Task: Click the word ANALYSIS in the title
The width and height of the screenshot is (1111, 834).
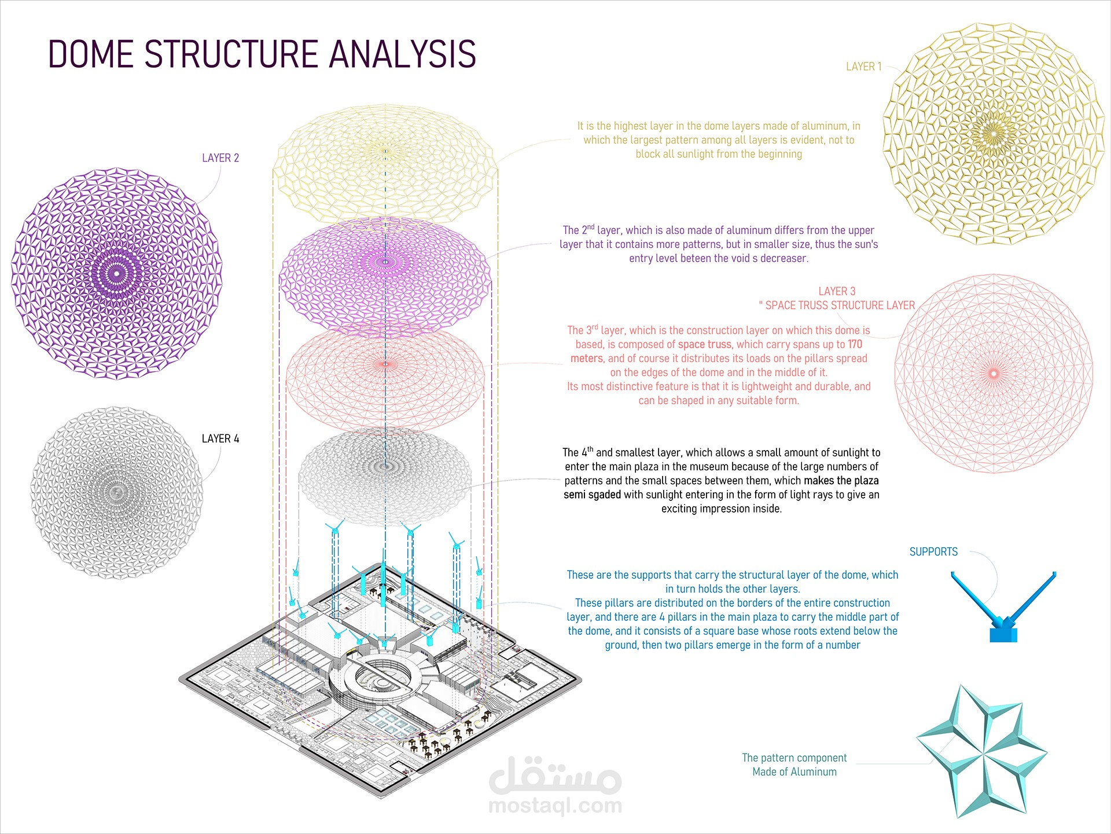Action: coord(403,54)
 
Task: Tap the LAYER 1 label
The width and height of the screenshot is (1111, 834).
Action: coord(863,67)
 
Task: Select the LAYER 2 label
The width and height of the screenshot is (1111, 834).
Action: coord(220,158)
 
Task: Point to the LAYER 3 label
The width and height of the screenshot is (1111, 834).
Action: coord(837,291)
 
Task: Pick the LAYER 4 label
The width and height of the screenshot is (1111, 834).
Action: coord(220,439)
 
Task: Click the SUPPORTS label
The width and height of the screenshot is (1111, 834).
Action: coord(933,552)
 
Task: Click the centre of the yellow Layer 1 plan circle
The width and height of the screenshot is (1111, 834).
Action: coord(993,134)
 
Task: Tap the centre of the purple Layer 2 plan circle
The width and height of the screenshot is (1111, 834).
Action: coord(116,273)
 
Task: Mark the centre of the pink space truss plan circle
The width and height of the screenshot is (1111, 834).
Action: coord(994,374)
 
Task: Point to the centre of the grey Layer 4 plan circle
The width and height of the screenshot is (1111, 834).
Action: coord(117,493)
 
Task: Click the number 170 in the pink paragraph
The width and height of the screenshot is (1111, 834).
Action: coord(855,345)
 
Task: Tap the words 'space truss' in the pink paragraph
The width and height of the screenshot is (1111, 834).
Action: coord(704,345)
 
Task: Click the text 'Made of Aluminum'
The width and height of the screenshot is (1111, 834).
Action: coord(794,772)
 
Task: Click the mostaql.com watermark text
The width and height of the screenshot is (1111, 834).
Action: coord(555,805)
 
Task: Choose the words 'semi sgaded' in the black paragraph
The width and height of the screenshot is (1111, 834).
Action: coord(592,495)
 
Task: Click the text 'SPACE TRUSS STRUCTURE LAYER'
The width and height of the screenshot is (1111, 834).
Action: coord(840,306)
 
